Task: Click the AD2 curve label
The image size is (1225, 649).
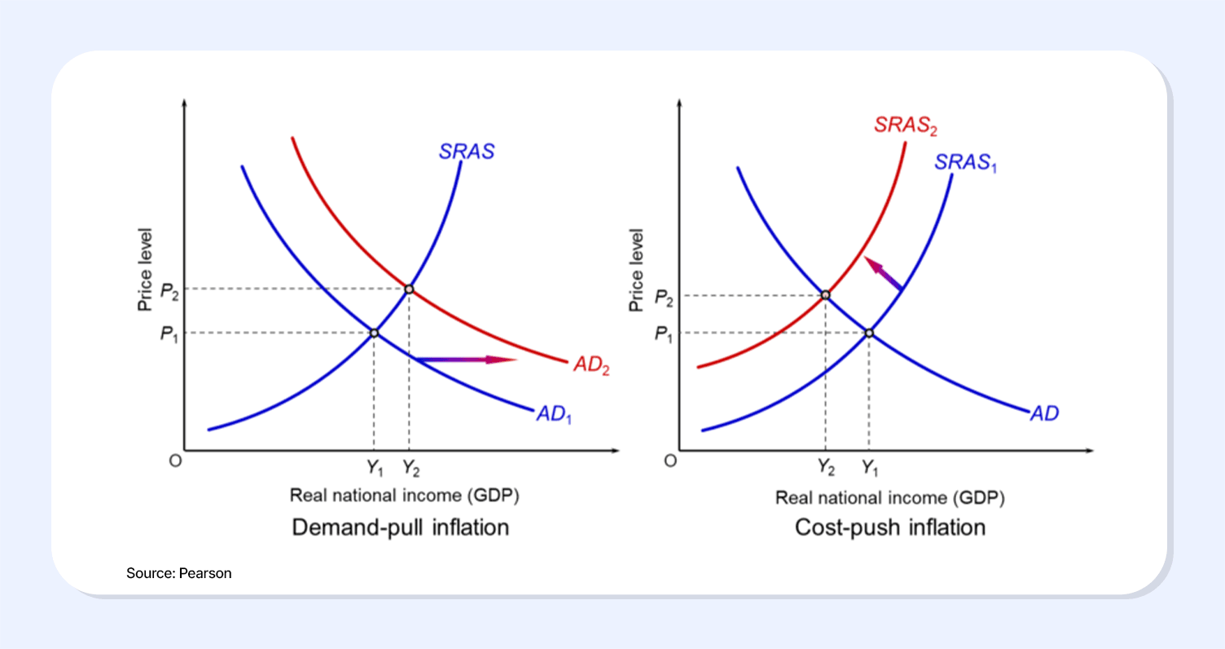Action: point(591,366)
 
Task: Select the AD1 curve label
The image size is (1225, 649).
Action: point(554,414)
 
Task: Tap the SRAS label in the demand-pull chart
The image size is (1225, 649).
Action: point(467,152)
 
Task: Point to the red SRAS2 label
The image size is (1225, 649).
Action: point(905,126)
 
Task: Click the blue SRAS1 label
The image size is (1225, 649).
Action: point(966,162)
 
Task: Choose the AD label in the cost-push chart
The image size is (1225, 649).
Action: point(1044,413)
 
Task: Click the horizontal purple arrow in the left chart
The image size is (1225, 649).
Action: point(465,359)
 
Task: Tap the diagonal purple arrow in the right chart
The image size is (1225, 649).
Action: point(883,273)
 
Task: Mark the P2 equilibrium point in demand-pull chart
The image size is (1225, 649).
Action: point(409,289)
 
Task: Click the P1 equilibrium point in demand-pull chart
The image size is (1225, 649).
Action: point(374,333)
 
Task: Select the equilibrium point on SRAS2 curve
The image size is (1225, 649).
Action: point(826,295)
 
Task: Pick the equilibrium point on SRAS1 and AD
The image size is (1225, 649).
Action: point(869,333)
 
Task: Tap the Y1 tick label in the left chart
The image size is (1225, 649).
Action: point(375,468)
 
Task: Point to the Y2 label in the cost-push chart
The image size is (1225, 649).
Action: point(826,468)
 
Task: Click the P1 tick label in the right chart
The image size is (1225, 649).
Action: point(662,333)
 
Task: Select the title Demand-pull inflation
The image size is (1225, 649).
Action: point(400,528)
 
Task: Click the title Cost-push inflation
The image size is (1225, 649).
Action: point(890,528)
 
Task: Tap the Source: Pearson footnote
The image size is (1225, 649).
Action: point(179,573)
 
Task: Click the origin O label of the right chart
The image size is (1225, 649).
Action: point(670,461)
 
